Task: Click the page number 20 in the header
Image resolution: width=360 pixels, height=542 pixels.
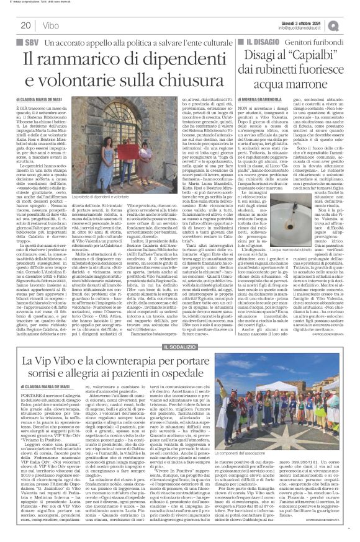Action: (x=26, y=25)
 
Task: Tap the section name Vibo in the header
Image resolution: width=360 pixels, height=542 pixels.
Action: (x=47, y=25)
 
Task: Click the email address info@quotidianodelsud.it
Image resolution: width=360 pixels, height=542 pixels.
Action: (x=301, y=27)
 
